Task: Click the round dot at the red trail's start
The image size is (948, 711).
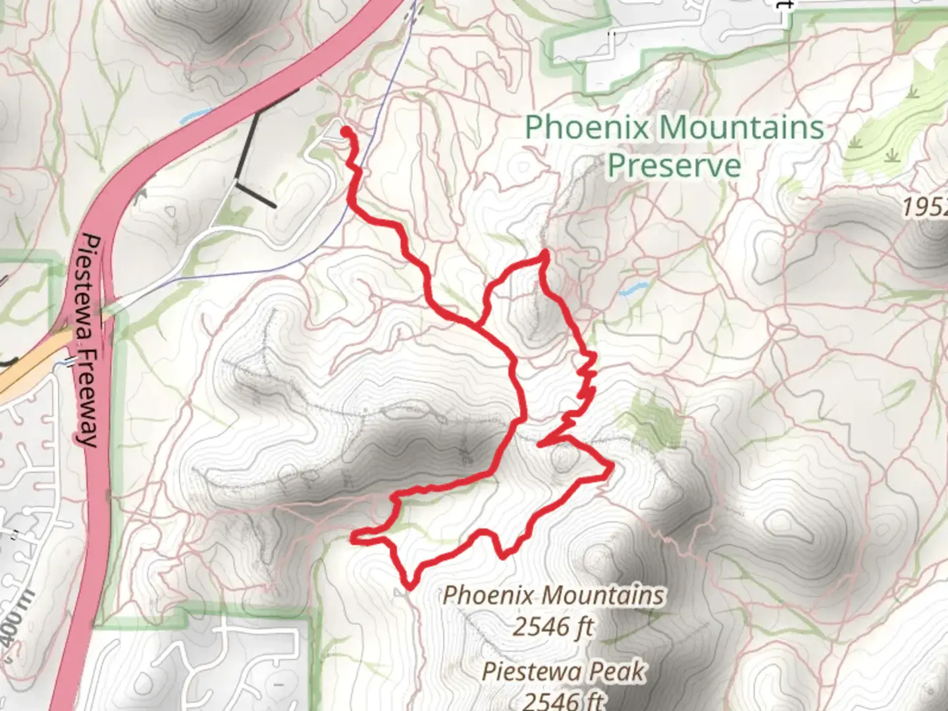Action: click(345, 132)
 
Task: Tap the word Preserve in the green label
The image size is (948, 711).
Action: click(673, 165)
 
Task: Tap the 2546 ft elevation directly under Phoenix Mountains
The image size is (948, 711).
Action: click(553, 627)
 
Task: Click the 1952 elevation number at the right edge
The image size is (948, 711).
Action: click(925, 207)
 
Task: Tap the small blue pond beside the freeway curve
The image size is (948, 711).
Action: click(192, 117)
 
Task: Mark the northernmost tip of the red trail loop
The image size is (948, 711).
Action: click(544, 253)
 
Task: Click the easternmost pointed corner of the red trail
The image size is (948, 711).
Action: click(612, 467)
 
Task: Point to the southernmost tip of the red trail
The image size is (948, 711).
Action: click(409, 584)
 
